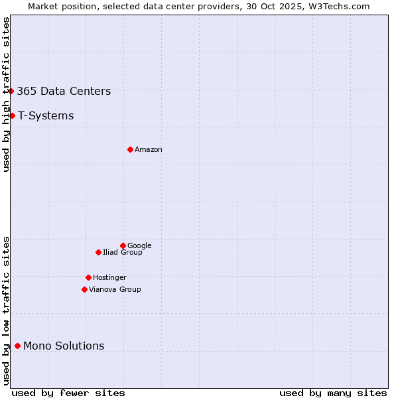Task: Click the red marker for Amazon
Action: coord(130,149)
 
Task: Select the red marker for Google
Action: coord(123,245)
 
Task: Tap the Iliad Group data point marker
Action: coord(98,252)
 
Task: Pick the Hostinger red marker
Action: coord(88,277)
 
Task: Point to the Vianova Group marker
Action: coord(84,289)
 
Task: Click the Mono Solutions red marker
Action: coord(17,346)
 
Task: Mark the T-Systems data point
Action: coord(12,115)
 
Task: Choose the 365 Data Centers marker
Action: coord(11,91)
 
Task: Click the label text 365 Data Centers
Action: coord(64,92)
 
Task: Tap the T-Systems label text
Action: coord(46,116)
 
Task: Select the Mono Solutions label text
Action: coord(64,346)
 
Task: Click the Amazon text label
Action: coord(149,150)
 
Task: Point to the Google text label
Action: coord(139,246)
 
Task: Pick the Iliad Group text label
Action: coord(123,253)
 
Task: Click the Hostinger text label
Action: coord(109,278)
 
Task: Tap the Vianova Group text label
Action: coord(115,290)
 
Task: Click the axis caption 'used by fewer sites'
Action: coord(68,393)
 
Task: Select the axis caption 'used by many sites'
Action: coord(333,393)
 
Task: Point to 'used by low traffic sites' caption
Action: coord(7,310)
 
